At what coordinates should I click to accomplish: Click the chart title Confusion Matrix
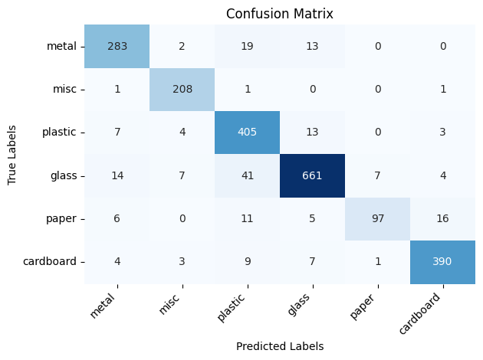tap(279, 15)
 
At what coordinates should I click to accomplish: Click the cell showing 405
tap(247, 132)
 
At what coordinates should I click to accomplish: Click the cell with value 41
tap(247, 175)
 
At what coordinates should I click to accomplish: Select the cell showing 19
tap(247, 46)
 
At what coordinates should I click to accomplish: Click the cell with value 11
tap(247, 218)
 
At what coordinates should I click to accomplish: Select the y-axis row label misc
tap(66, 89)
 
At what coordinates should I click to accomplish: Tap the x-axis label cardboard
tap(421, 311)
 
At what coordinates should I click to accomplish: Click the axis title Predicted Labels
tap(279, 346)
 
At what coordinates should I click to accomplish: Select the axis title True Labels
tap(12, 153)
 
